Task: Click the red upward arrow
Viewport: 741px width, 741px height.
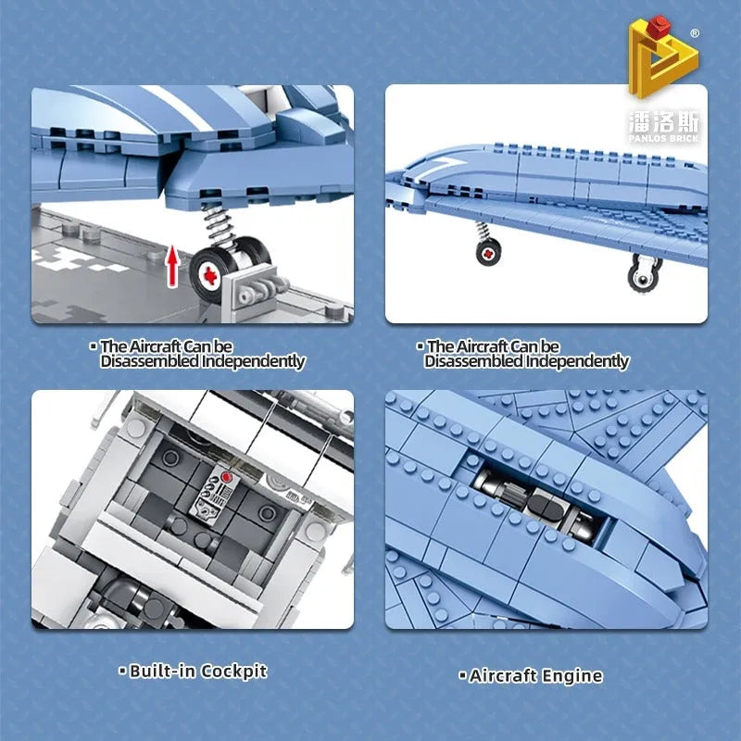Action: coord(173,266)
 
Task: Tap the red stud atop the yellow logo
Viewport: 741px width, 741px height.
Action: coord(658,27)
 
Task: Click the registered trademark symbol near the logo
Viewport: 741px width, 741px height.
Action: coord(695,33)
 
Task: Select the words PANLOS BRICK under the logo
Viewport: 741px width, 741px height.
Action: coord(663,138)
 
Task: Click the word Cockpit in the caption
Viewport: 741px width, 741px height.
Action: coord(233,671)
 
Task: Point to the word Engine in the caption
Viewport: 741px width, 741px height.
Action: coord(572,676)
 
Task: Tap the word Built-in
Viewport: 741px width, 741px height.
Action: coord(161,671)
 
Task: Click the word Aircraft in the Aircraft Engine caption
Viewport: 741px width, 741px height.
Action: coord(503,675)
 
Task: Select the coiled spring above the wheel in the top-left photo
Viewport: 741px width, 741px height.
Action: coord(219,225)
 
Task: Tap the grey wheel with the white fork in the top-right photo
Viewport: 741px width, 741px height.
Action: coord(644,273)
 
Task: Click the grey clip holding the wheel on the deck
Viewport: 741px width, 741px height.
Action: coord(257,289)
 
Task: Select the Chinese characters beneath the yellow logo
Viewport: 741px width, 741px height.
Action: coord(663,122)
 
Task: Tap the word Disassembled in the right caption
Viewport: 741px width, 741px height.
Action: coord(473,361)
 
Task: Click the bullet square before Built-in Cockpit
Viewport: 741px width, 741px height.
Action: coord(122,671)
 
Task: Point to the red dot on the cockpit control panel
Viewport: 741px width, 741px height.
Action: coord(226,477)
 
